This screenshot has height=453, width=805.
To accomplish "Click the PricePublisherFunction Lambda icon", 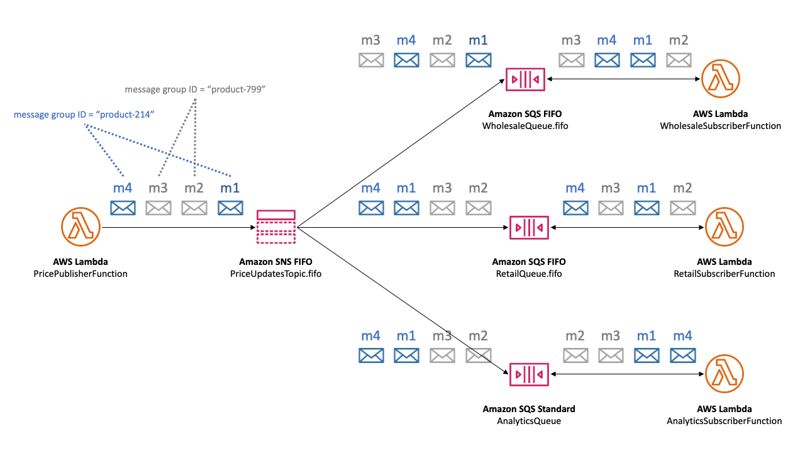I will tap(81, 227).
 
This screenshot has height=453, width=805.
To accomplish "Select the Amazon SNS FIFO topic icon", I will tap(276, 227).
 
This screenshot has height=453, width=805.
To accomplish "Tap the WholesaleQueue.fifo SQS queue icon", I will tap(526, 79).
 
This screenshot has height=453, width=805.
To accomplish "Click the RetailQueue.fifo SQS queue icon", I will tap(528, 227).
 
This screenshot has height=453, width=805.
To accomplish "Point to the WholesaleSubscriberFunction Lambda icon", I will tap(721, 79).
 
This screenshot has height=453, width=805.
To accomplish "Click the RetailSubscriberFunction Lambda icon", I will tap(724, 227).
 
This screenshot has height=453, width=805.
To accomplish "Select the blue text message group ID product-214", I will tap(84, 115).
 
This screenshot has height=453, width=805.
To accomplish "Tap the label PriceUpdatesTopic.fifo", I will tap(276, 274).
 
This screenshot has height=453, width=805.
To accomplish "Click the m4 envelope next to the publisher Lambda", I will tap(123, 208).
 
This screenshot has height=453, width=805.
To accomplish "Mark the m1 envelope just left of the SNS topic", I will tap(230, 208).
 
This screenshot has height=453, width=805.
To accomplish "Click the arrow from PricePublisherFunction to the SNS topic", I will tap(176, 227).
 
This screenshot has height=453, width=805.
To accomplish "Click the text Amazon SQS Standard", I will tap(528, 409).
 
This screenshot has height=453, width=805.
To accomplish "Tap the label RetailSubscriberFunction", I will tap(724, 274).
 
